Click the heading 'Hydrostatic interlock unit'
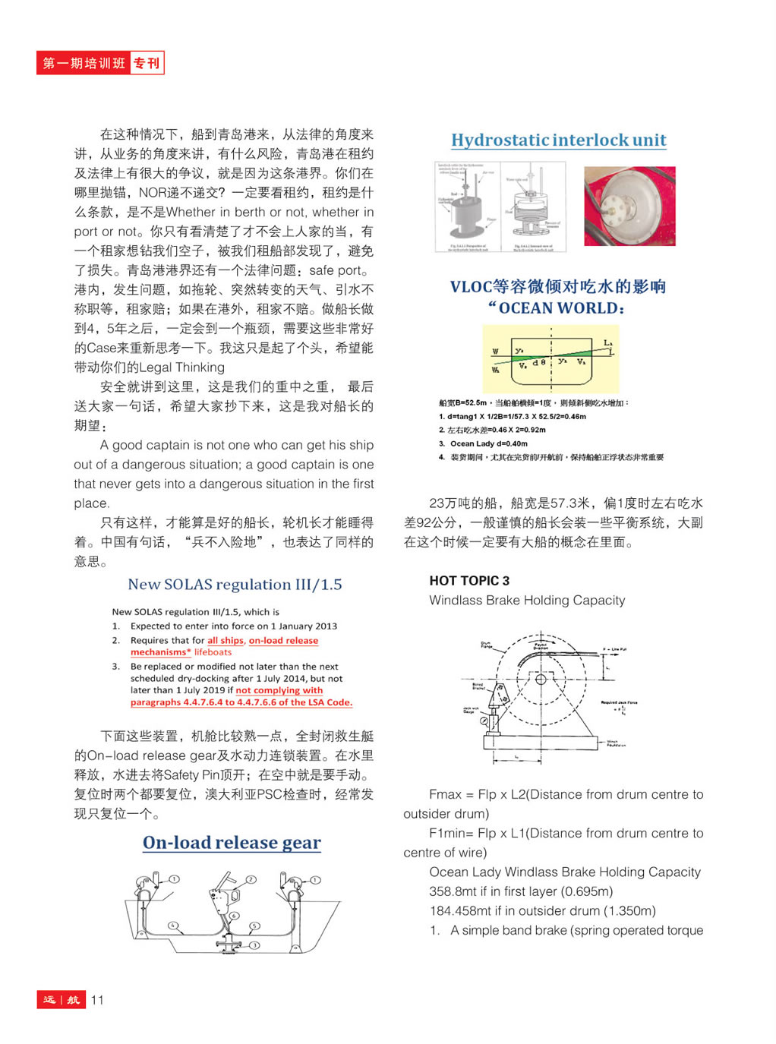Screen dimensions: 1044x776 [x=558, y=140]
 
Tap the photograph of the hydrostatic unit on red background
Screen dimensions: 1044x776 [x=629, y=207]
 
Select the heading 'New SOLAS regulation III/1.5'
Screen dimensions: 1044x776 [x=235, y=585]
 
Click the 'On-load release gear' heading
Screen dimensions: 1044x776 [x=232, y=843]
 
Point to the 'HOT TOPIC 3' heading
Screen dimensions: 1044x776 [x=469, y=581]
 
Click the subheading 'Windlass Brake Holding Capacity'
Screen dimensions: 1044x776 [x=527, y=601]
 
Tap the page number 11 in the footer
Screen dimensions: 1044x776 [x=97, y=1000]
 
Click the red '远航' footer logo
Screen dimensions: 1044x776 [x=61, y=1000]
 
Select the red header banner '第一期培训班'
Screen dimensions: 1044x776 [x=84, y=63]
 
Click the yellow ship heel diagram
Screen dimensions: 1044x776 [x=550, y=358]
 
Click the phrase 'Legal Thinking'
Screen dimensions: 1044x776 [x=181, y=367]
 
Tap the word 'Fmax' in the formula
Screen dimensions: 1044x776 [x=445, y=795]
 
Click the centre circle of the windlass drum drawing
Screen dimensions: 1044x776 [x=541, y=679]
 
